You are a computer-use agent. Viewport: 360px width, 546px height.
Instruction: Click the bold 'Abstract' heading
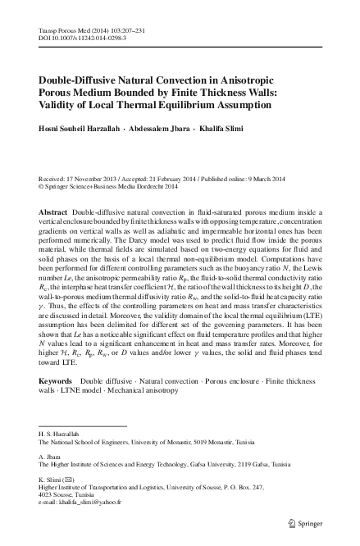point(53,212)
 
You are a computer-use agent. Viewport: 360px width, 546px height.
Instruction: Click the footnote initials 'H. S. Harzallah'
point(61,432)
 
